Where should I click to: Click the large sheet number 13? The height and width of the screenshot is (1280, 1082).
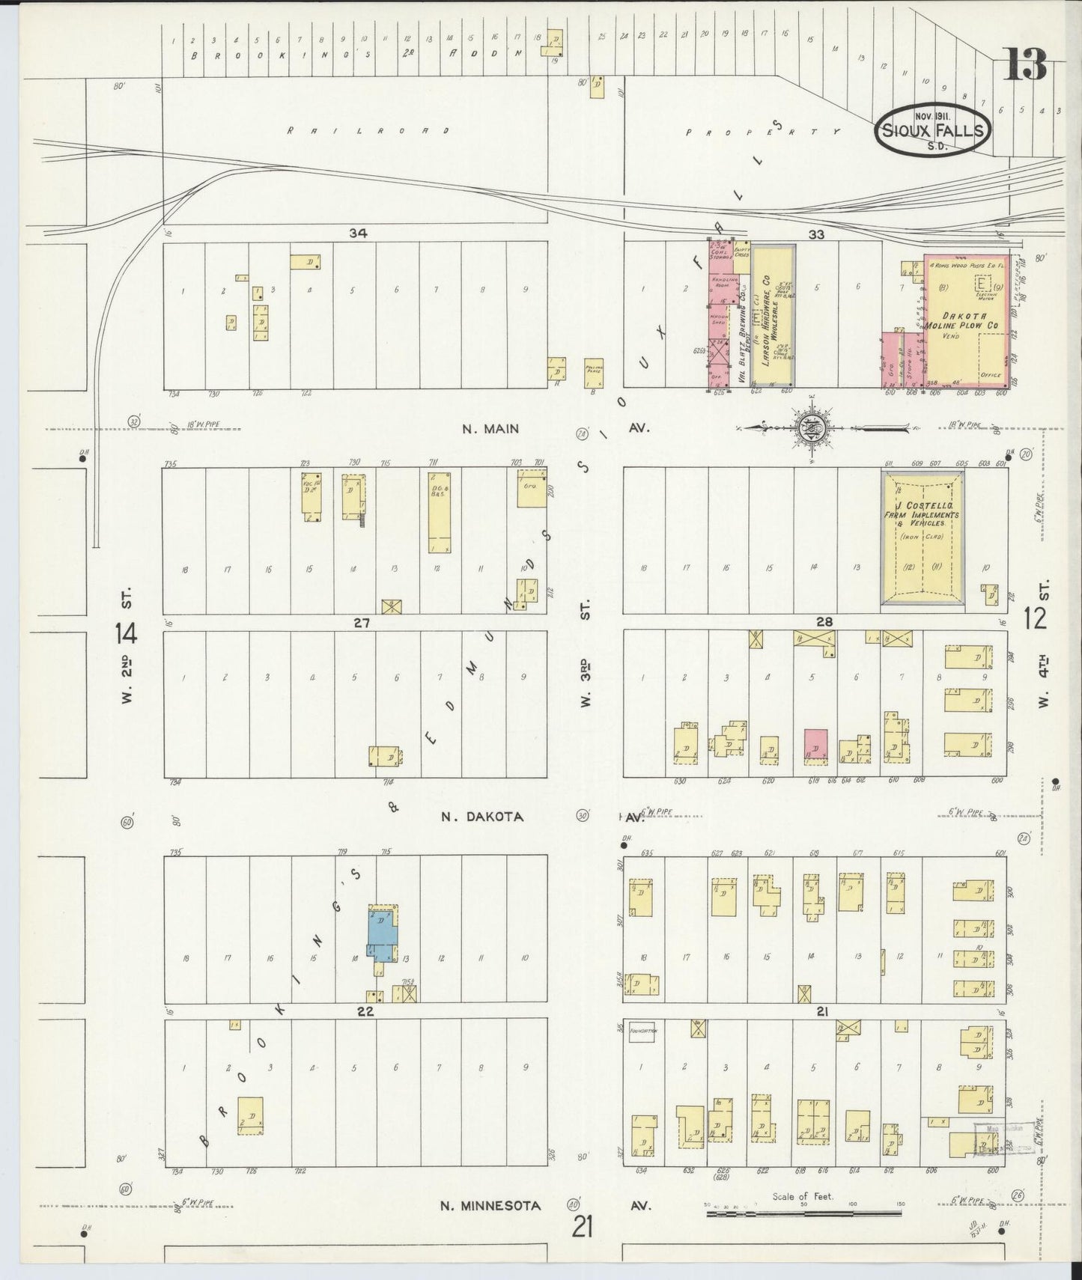coord(1025,64)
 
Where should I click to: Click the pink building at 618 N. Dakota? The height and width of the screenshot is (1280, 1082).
coord(815,746)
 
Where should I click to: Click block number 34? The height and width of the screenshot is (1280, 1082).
coord(357,234)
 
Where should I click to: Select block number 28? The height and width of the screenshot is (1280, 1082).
coord(824,621)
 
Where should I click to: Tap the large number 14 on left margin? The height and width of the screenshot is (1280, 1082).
coord(126,634)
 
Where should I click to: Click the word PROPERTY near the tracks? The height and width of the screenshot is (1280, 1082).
coord(764,131)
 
